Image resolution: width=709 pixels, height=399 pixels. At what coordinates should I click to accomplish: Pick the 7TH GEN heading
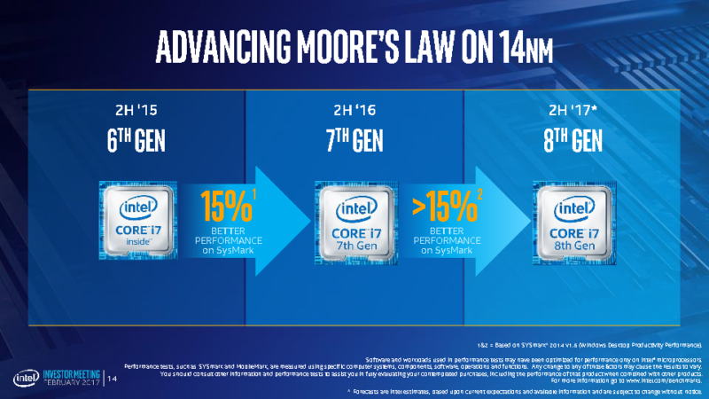click(x=354, y=143)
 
